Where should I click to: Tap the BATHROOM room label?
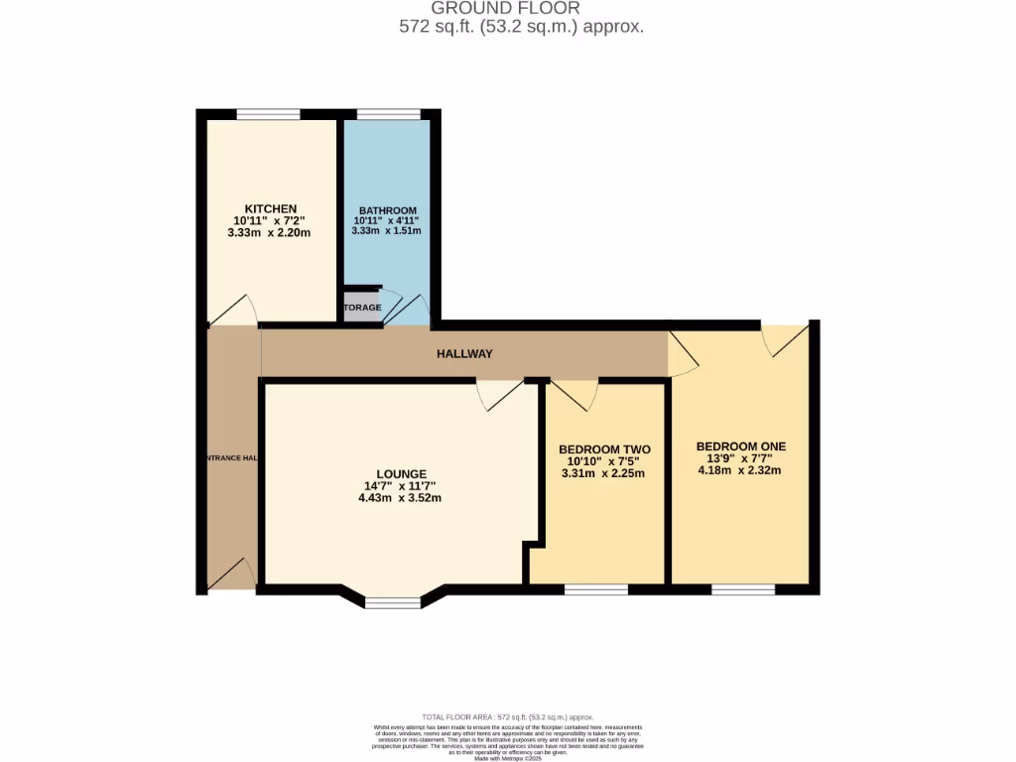pos(387,210)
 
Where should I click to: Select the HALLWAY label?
pos(464,354)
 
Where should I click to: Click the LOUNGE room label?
pos(401,474)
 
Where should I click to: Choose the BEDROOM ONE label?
pos(740,446)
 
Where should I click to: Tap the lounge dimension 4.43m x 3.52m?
pos(400,498)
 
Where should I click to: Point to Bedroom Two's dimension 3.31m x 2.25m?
pos(603,473)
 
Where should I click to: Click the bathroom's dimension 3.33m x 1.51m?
pos(386,231)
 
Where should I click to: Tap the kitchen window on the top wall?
pos(268,114)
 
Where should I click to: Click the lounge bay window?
pos(393,601)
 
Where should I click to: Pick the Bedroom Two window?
pos(596,589)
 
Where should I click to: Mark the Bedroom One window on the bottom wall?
pos(742,589)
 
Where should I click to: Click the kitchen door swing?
pos(233,311)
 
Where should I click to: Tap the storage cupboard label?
pos(363,308)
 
